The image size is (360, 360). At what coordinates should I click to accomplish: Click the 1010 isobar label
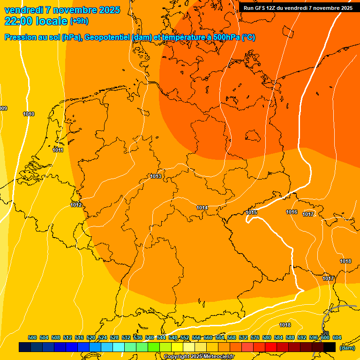pos(29,114)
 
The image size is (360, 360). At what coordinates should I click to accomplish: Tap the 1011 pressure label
pos(58,150)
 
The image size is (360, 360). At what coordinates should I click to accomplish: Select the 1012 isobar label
pos(76,205)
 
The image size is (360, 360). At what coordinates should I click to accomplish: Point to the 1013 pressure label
pos(156,176)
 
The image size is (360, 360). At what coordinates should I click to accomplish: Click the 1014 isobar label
pos(202,208)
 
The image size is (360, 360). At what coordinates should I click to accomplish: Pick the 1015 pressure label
pos(251,212)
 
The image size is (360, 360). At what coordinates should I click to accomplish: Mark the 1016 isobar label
pos(292,212)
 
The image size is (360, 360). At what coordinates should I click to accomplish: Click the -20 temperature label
pos(325,333)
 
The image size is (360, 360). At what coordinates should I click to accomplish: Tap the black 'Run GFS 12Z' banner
pos(298,8)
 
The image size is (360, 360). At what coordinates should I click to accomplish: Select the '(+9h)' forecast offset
pos(79,21)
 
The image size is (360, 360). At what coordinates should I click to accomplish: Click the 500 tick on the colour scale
pos(32,337)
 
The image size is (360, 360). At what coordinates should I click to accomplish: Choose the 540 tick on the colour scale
pos(150,337)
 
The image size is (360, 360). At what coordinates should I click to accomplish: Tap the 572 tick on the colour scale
pos(243,337)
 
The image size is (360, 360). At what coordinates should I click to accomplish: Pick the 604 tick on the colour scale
pos(337,337)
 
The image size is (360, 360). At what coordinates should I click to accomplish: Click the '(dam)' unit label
pos(347,348)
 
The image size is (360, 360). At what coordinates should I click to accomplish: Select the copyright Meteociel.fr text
pos(199,357)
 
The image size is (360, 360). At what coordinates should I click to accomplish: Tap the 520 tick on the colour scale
pos(91,337)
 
